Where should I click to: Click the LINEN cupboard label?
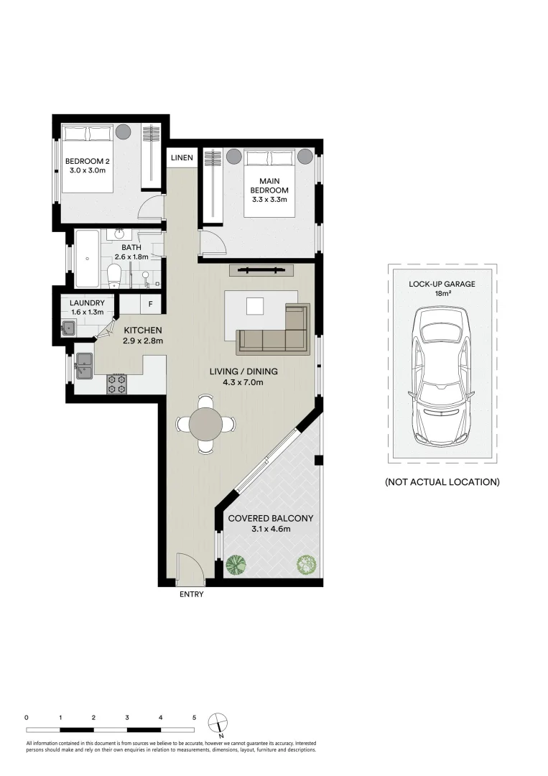tap(181, 158)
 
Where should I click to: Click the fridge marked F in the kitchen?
tap(150, 304)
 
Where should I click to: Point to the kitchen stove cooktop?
tap(116, 384)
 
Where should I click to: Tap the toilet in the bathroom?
tap(113, 275)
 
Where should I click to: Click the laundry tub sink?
tap(69, 328)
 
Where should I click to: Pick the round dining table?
tap(206, 424)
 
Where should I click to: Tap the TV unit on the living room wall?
tap(261, 270)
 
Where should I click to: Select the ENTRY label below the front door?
tap(191, 594)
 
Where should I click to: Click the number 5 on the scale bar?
tap(194, 717)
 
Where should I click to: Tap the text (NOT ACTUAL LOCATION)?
tap(442, 482)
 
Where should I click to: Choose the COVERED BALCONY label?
tap(270, 518)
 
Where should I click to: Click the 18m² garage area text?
tap(442, 294)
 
